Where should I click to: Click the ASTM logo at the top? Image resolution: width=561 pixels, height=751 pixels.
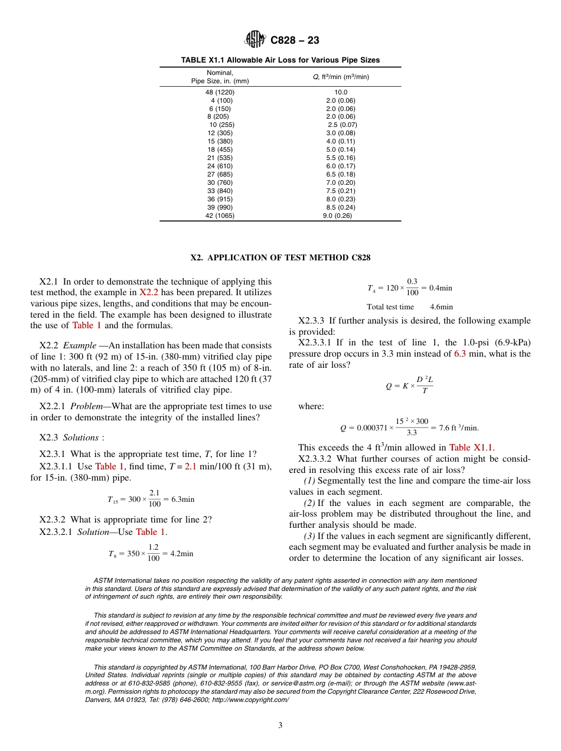pyautogui.click(x=256, y=40)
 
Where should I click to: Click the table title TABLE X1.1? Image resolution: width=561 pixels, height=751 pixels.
pyautogui.click(x=280, y=60)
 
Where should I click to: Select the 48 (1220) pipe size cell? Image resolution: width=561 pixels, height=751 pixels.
pyautogui.click(x=220, y=92)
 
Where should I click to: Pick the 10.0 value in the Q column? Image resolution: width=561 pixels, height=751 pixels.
pyautogui.click(x=341, y=92)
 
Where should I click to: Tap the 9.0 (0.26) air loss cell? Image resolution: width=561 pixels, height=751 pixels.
pyautogui.click(x=337, y=215)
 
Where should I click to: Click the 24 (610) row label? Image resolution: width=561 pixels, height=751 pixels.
pyautogui.click(x=220, y=166)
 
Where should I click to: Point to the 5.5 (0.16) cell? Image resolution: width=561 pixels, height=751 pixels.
pyautogui.click(x=341, y=158)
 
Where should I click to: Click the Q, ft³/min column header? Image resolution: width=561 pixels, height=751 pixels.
pyautogui.click(x=341, y=77)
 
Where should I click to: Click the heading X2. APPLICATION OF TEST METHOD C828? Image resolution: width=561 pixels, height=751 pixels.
pyautogui.click(x=280, y=258)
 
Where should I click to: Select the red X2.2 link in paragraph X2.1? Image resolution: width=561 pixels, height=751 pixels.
pyautogui.click(x=148, y=293)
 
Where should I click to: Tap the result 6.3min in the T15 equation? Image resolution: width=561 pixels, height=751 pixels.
pyautogui.click(x=182, y=499)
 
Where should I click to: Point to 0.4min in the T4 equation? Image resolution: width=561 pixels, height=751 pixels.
pyautogui.click(x=441, y=288)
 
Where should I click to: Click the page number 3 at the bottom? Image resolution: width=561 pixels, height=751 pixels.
pyautogui.click(x=280, y=726)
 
